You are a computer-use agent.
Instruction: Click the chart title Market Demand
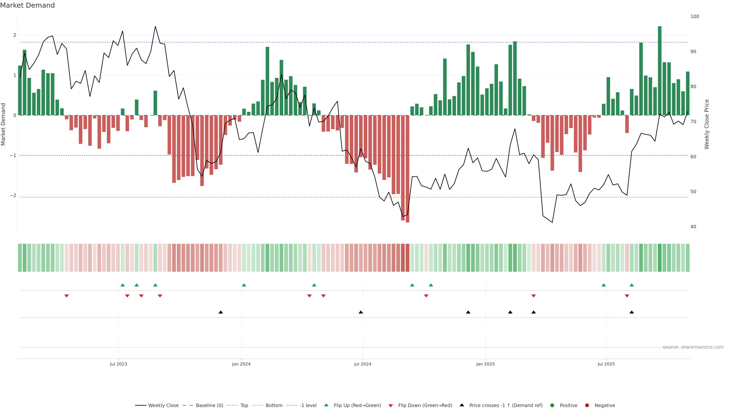pos(27,5)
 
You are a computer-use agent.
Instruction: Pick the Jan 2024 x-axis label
pos(241,364)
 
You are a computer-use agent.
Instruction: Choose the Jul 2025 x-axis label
pos(606,364)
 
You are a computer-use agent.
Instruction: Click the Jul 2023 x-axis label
pos(118,364)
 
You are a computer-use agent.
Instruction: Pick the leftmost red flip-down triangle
pos(67,296)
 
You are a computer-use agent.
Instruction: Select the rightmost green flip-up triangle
pos(631,285)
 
